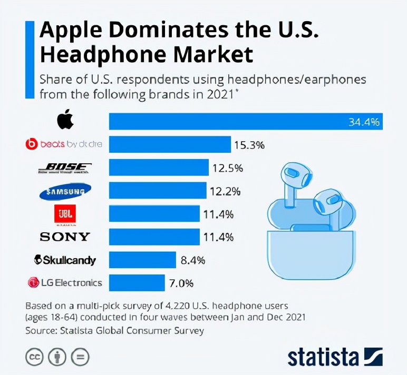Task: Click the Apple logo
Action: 65,121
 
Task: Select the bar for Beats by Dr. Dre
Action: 170,144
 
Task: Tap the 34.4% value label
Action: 364,122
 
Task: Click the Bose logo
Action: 65,168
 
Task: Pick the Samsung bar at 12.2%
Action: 158,190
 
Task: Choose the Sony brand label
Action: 65,236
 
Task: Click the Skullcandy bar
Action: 142,260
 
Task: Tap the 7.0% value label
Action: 181,283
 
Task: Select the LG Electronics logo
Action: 64,283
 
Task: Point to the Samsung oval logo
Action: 65,191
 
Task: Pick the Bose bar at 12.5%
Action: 159,167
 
